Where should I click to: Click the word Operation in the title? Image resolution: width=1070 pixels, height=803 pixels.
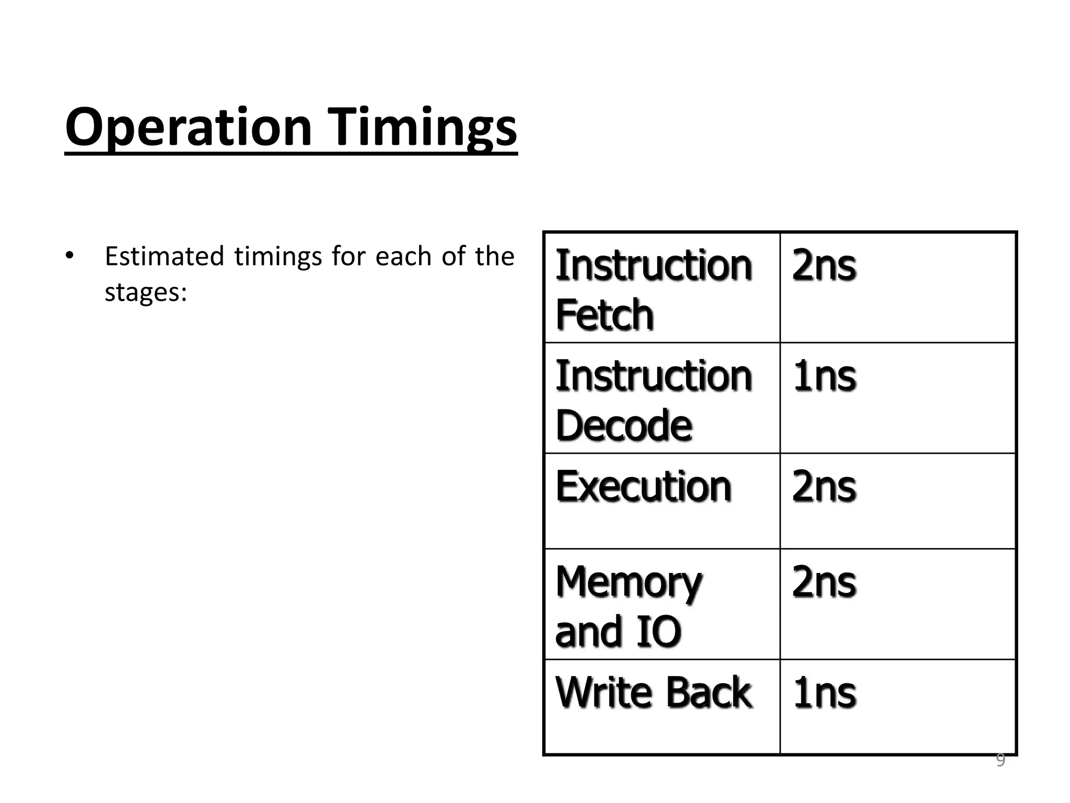[188, 127]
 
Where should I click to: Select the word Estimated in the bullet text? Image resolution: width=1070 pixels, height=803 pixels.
[164, 256]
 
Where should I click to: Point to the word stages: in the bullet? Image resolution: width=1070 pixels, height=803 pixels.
[146, 292]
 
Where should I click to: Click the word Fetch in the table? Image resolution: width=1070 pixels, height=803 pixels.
[604, 315]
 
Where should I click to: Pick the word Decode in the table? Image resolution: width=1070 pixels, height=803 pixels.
[624, 425]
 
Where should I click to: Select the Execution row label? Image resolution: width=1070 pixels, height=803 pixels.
[643, 486]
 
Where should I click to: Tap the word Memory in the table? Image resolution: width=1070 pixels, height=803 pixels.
[629, 583]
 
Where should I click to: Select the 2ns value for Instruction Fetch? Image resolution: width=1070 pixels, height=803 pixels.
[824, 266]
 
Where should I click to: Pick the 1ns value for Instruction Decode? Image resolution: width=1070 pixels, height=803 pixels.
[824, 376]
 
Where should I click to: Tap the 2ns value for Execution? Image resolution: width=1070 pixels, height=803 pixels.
[824, 486]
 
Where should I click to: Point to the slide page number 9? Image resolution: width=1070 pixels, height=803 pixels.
[1000, 760]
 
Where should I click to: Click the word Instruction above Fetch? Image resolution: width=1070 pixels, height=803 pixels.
[653, 266]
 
